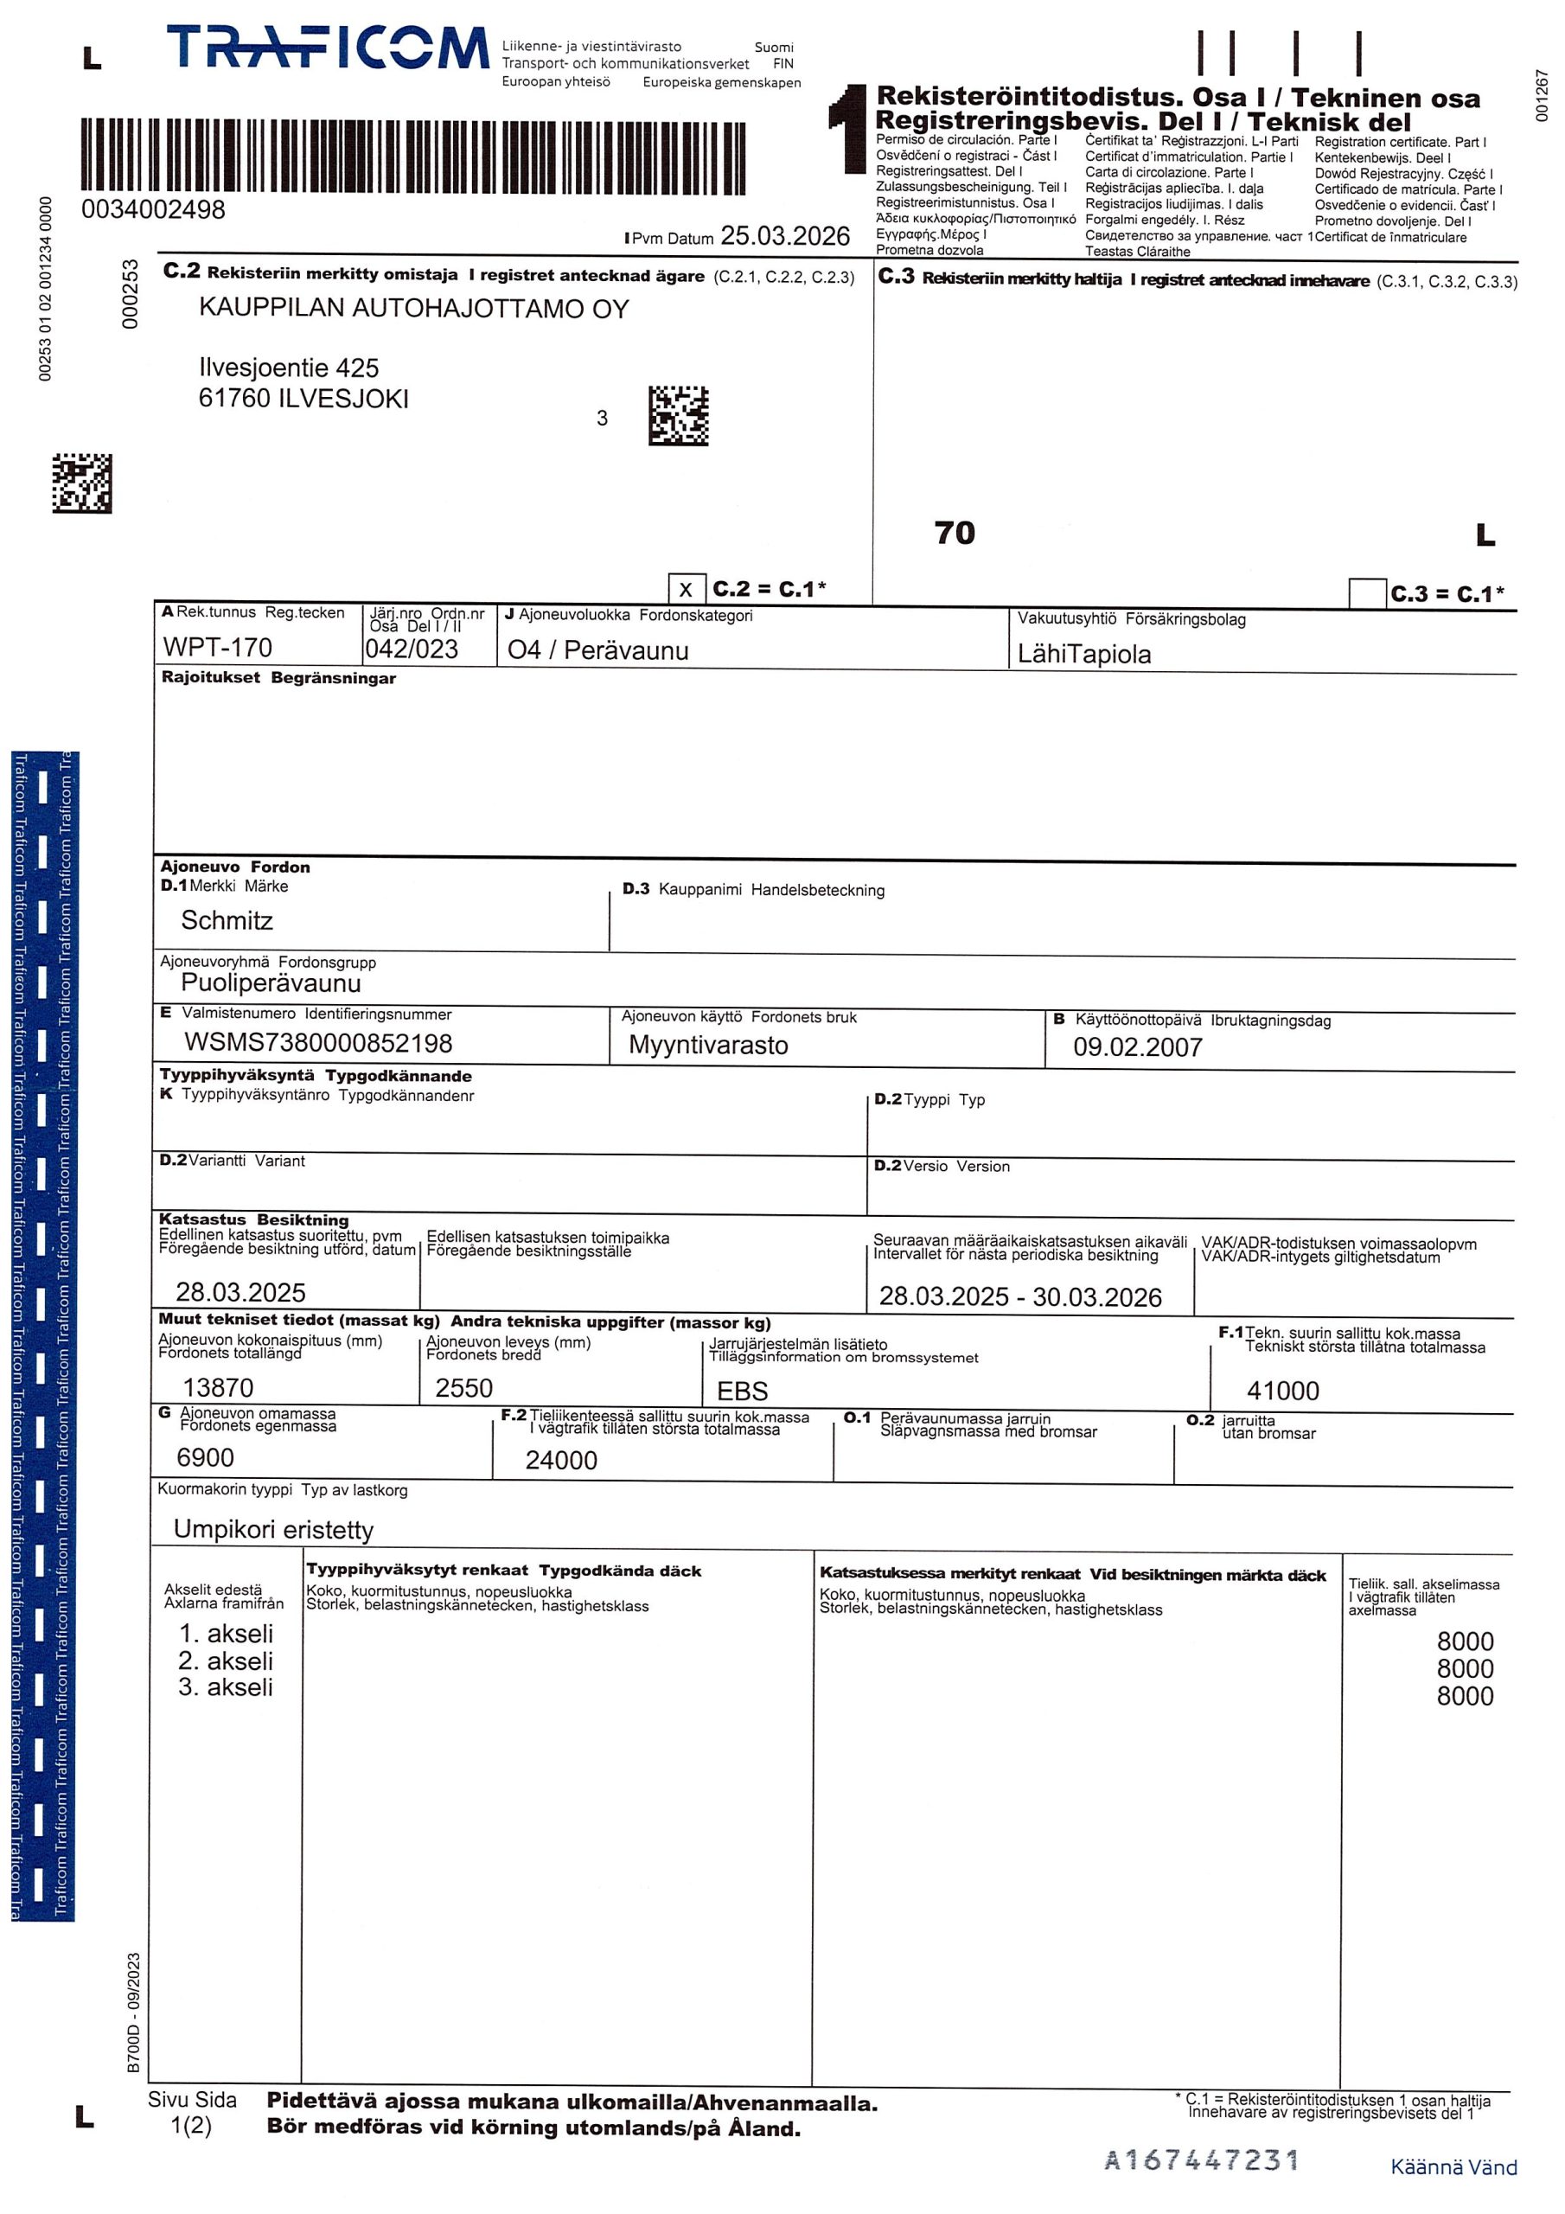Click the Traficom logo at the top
pos(328,48)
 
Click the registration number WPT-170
pos(218,647)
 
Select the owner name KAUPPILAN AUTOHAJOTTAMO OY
pos(413,309)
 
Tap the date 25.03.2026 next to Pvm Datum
pos(785,236)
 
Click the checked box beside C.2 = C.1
pos(686,589)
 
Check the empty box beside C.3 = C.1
pos(1366,593)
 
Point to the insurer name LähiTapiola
pos(1084,654)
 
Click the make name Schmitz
pos(227,920)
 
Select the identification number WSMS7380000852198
pos(318,1042)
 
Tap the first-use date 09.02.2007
pos(1137,1047)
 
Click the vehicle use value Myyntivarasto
pos(708,1046)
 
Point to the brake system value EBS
pos(743,1391)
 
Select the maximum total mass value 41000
pos(1282,1391)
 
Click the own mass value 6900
pos(206,1457)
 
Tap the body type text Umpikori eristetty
pos(273,1529)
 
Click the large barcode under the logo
pos(413,154)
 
